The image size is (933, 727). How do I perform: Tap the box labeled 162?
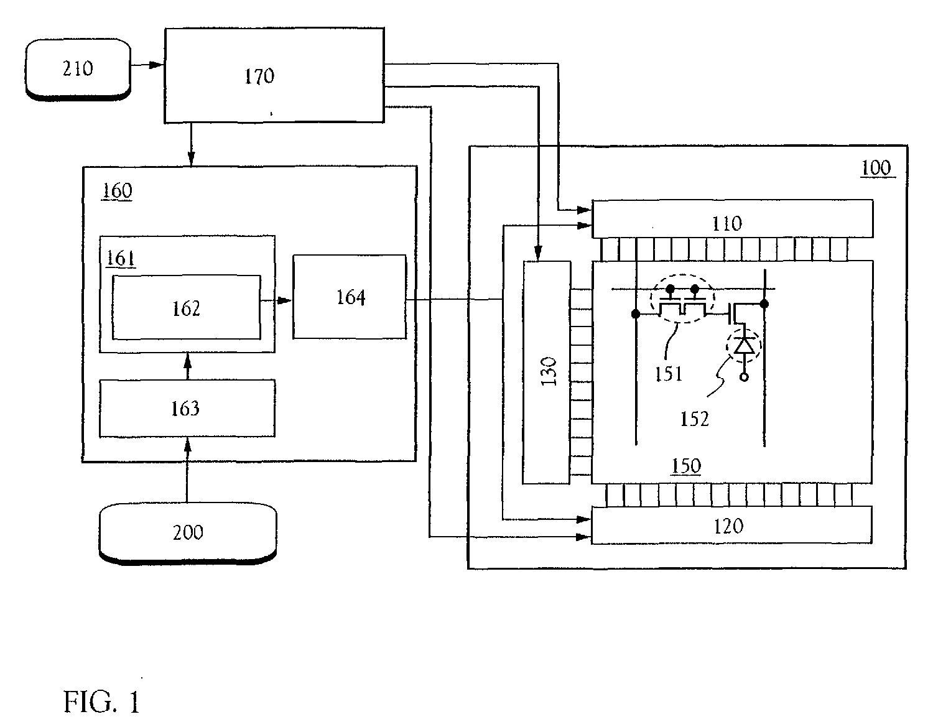point(186,308)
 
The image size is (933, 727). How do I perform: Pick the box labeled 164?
point(350,297)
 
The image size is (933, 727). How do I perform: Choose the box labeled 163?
point(187,408)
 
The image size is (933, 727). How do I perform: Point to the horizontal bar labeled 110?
point(732,219)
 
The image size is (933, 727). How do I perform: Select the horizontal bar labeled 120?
point(731,526)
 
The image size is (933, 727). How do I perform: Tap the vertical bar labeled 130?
point(546,372)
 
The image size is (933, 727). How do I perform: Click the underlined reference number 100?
point(876,168)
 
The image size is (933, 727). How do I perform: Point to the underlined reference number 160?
point(117,190)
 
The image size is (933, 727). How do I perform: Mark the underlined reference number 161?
point(121,257)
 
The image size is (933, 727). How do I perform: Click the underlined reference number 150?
point(685,466)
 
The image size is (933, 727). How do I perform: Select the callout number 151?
point(668,373)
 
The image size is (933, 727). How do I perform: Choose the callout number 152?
point(694,419)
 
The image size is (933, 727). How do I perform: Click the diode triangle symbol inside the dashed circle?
point(744,345)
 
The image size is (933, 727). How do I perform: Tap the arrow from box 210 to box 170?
point(147,63)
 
